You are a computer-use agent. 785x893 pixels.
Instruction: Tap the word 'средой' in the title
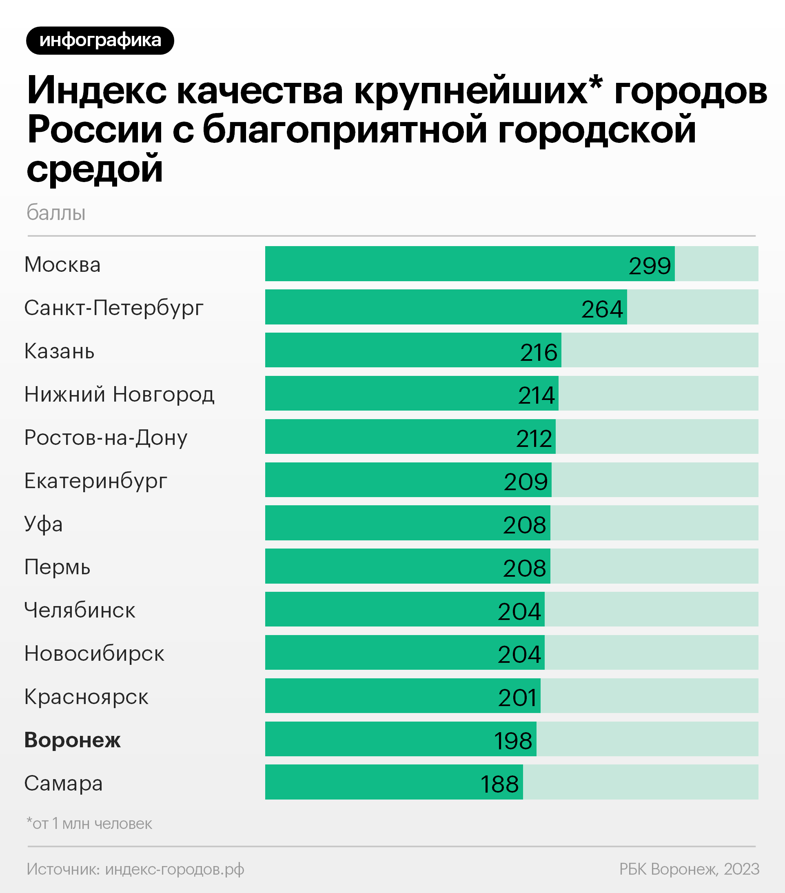click(95, 169)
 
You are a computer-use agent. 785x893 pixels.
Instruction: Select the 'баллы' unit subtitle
click(56, 213)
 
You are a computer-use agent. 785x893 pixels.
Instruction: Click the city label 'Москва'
click(62, 265)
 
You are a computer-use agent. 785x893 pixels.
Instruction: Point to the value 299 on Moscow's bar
click(650, 266)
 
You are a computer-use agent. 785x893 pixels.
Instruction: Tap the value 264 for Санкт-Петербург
click(602, 309)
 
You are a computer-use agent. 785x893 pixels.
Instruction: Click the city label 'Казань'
click(60, 351)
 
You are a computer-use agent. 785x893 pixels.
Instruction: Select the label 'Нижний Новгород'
click(119, 394)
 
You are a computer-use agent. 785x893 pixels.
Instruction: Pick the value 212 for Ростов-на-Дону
click(534, 438)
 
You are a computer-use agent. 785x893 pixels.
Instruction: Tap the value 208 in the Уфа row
click(524, 525)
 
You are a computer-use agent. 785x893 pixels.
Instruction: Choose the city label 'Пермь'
click(57, 567)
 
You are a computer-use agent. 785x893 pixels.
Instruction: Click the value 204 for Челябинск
click(519, 611)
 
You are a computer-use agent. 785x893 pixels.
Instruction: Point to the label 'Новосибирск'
click(94, 653)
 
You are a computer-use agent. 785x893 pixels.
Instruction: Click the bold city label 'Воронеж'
click(73, 740)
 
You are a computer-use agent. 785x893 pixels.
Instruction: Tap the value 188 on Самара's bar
click(499, 784)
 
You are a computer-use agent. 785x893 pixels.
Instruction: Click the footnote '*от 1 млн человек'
click(89, 824)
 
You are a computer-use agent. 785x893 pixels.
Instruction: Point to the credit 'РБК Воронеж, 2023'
click(689, 869)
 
